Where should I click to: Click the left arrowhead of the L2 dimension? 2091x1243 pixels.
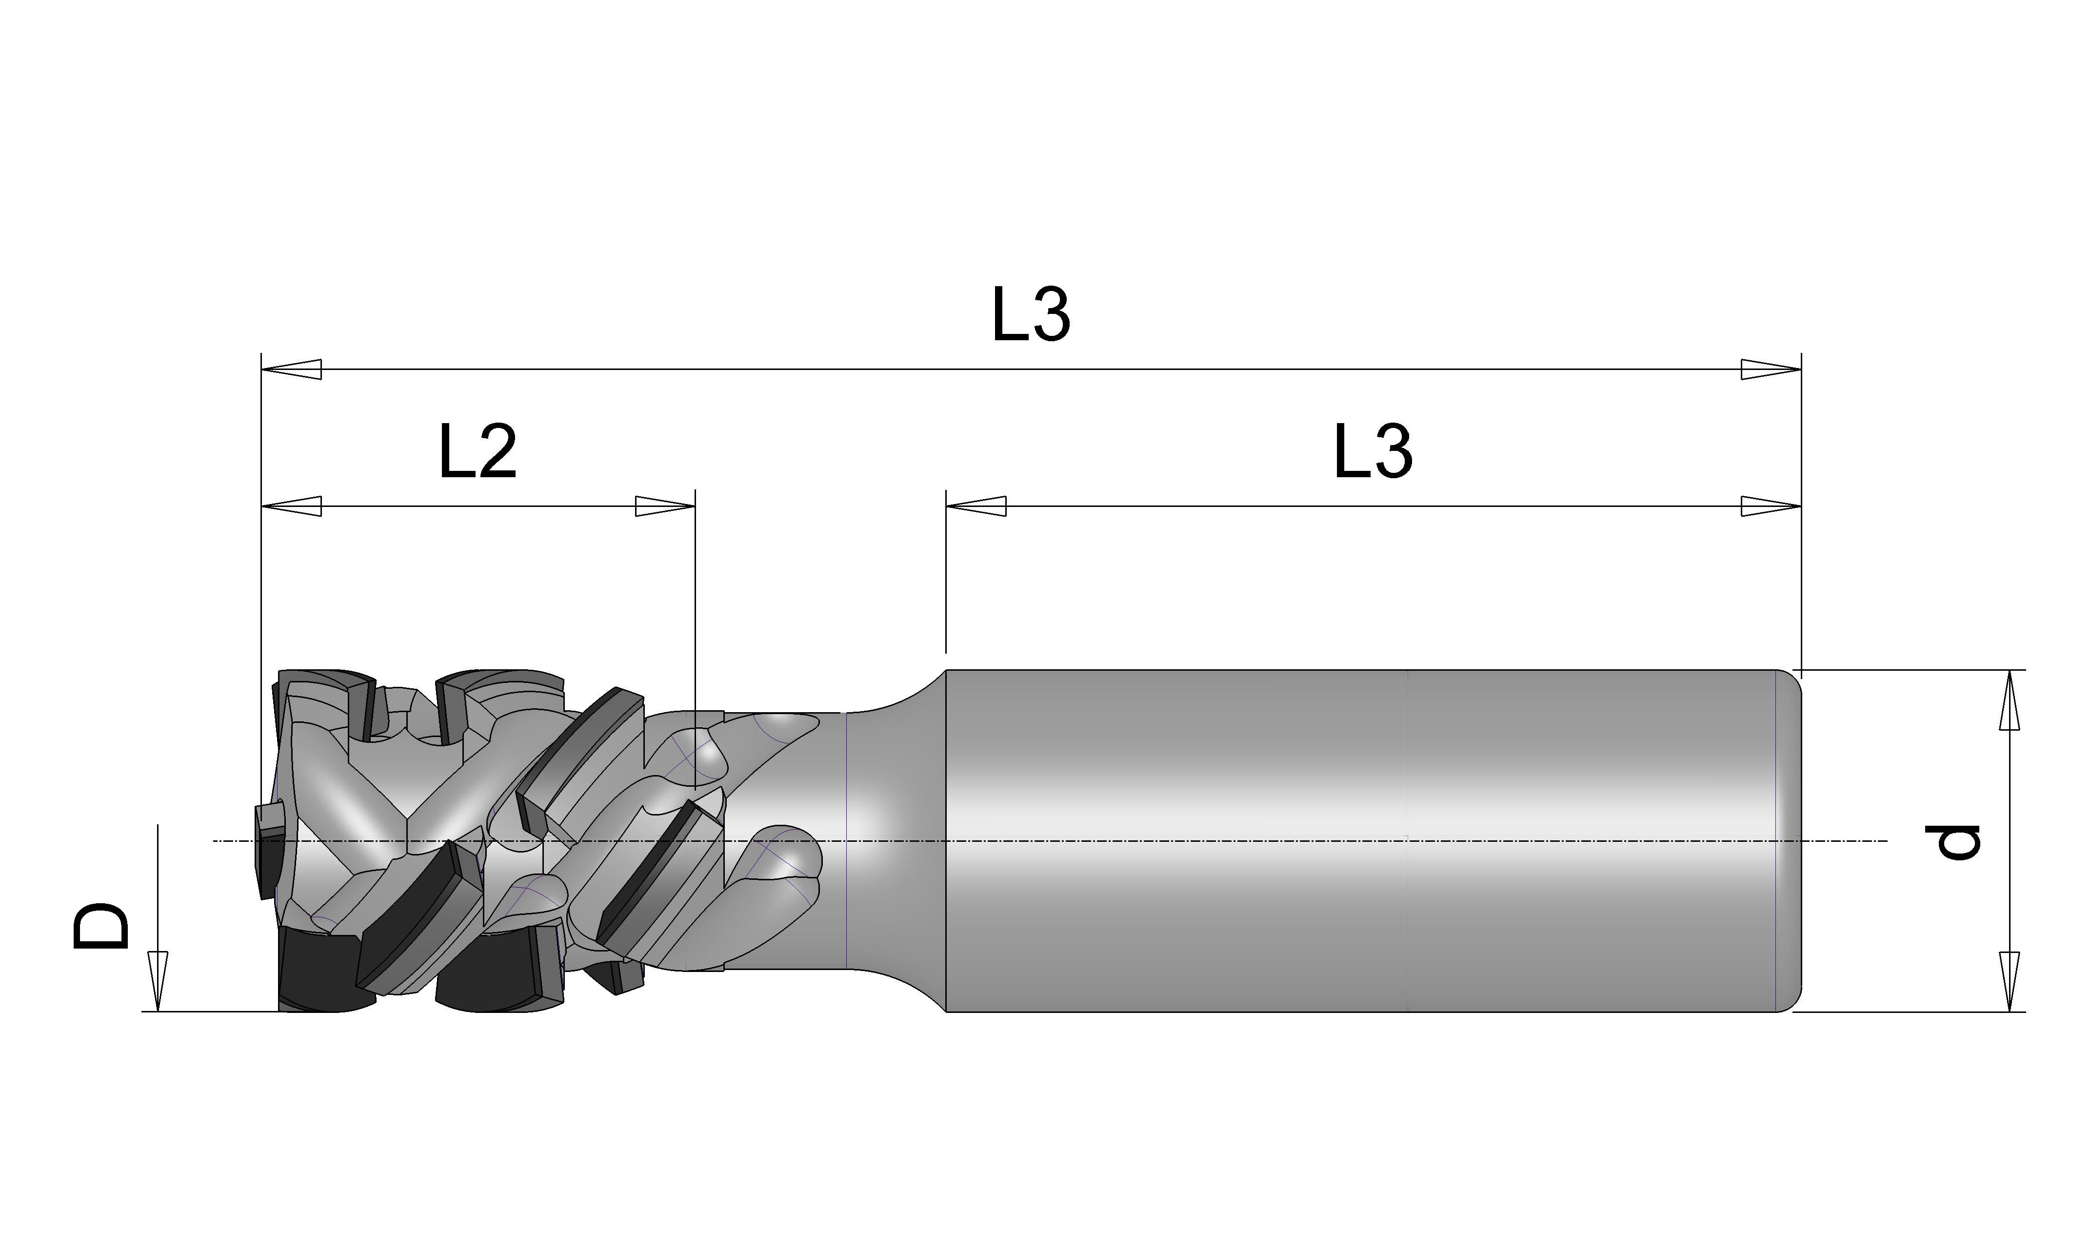292,507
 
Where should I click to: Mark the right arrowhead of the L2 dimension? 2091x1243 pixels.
665,507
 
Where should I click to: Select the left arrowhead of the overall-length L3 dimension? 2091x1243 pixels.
292,369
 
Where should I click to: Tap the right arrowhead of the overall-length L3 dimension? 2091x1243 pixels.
1771,369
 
